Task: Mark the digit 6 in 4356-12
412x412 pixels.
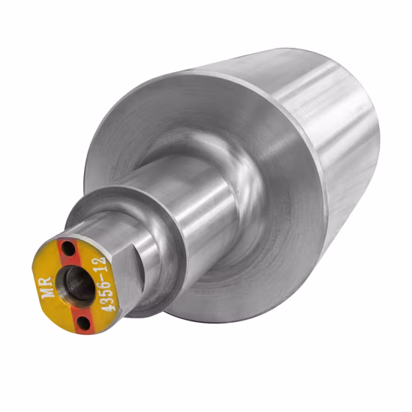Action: [x=103, y=282]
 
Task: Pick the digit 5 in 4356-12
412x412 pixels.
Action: [x=105, y=291]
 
